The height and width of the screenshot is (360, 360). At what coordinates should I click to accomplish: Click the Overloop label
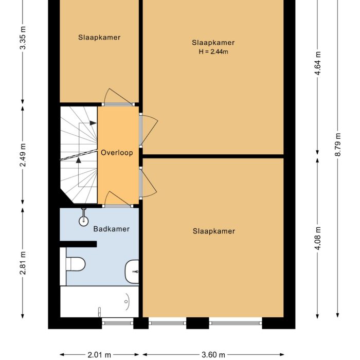click(x=117, y=153)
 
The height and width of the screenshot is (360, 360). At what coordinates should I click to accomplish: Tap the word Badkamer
click(x=111, y=229)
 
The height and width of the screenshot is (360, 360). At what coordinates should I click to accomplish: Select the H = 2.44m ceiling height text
click(x=213, y=51)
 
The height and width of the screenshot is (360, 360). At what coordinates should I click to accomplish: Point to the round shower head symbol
click(x=83, y=221)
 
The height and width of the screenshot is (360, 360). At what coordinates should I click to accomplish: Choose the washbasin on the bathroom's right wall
click(x=132, y=271)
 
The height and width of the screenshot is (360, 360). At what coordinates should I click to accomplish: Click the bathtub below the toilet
click(x=99, y=302)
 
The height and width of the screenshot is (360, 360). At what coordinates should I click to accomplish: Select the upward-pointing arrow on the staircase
click(x=79, y=160)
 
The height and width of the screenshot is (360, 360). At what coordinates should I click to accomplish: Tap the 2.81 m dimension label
click(x=22, y=262)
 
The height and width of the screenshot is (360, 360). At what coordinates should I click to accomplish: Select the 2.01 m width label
click(x=99, y=354)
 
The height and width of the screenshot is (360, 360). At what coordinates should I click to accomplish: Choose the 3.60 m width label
click(x=213, y=354)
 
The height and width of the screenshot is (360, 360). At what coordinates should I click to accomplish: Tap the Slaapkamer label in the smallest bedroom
click(x=99, y=38)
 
